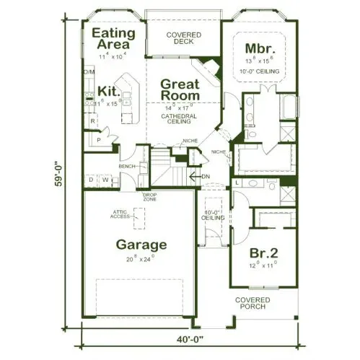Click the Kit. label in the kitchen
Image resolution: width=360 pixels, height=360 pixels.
pos(108,91)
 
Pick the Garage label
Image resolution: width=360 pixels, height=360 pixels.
pos(141,245)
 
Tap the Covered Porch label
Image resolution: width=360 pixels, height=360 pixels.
pos(252,303)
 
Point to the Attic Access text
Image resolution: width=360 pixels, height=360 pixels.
pos(120,214)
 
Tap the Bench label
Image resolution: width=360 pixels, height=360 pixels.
pos(128,167)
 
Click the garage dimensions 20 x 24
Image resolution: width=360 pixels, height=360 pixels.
pos(141,259)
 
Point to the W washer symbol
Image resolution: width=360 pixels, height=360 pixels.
pos(105,179)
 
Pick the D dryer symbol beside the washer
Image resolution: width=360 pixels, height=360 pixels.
pos(91,179)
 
